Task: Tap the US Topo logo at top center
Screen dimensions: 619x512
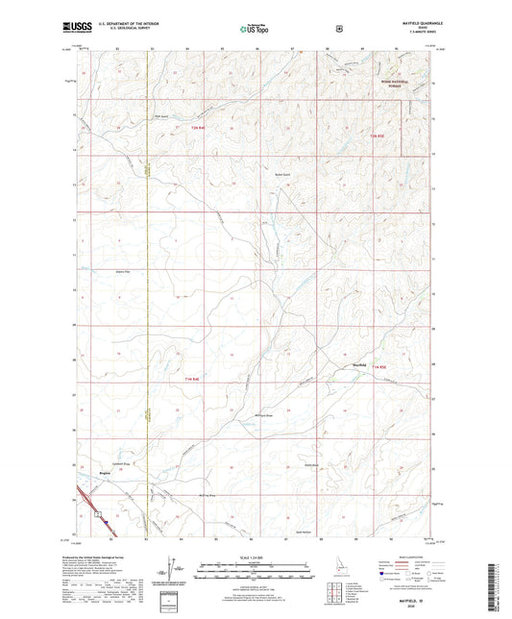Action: pyautogui.click(x=255, y=30)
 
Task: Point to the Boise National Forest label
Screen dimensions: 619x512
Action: pyautogui.click(x=389, y=85)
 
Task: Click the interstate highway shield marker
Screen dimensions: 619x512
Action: pyautogui.click(x=99, y=514)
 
